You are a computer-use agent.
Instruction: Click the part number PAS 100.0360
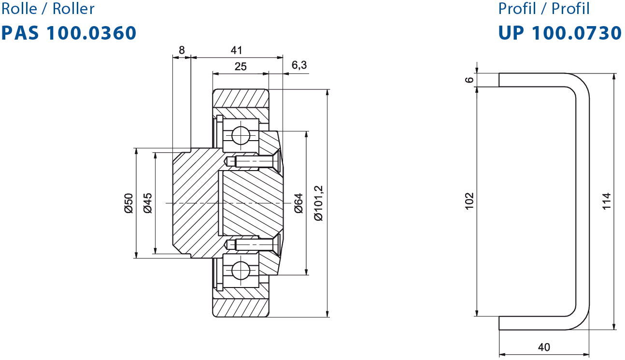[69, 33]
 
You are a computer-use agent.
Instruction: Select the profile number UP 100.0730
[560, 33]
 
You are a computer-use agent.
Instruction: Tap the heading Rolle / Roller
[48, 8]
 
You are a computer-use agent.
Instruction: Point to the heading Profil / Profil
[544, 8]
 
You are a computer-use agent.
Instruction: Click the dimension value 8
[182, 50]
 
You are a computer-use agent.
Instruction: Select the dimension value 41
[236, 50]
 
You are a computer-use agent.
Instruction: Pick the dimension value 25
[241, 66]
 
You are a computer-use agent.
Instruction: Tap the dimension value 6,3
[299, 65]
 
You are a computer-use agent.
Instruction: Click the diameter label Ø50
[128, 203]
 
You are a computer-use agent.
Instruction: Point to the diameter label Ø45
[148, 203]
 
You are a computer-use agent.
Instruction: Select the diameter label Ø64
[298, 203]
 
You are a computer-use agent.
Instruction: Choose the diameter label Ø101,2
[318, 203]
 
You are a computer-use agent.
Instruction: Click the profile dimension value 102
[469, 201]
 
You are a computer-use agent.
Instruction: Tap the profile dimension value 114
[606, 201]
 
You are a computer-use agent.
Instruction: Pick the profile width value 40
[544, 347]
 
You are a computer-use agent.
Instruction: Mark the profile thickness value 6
[469, 80]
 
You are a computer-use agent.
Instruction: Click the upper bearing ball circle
[241, 136]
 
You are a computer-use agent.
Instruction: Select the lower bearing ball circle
[241, 271]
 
